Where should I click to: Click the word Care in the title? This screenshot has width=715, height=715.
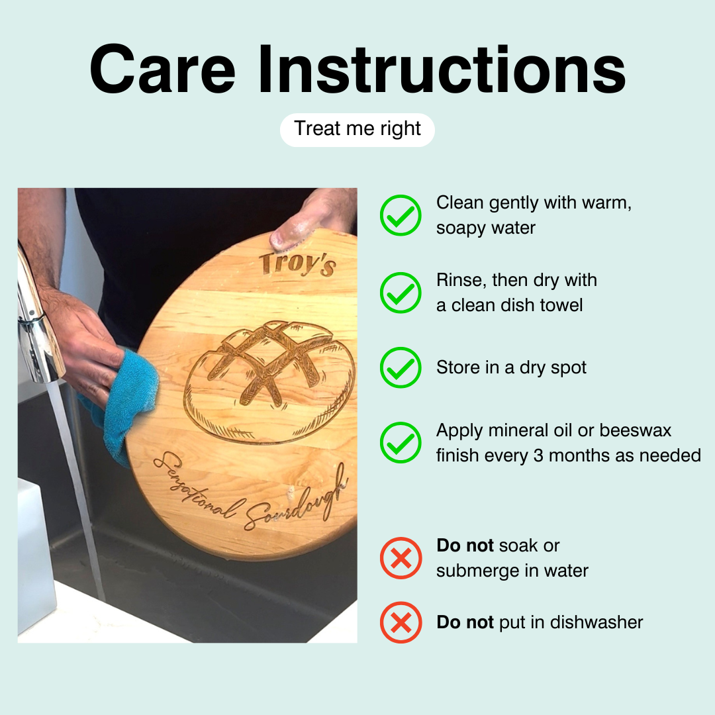(x=162, y=70)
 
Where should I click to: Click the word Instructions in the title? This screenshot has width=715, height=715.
(x=442, y=70)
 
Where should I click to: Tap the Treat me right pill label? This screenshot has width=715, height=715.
(x=357, y=130)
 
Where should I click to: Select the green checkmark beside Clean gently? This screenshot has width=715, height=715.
(x=401, y=215)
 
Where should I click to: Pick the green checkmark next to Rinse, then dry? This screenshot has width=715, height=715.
(x=401, y=293)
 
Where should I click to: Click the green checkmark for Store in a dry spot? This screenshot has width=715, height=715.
(x=401, y=367)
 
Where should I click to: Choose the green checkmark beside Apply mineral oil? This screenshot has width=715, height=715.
(x=401, y=442)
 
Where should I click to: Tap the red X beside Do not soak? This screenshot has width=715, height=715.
(x=401, y=557)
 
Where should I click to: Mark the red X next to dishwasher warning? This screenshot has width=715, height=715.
(x=401, y=622)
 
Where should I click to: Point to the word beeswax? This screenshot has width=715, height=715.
(x=635, y=430)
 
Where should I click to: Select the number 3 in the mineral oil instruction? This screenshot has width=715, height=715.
(x=538, y=455)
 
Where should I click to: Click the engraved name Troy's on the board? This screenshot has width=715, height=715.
(x=298, y=264)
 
